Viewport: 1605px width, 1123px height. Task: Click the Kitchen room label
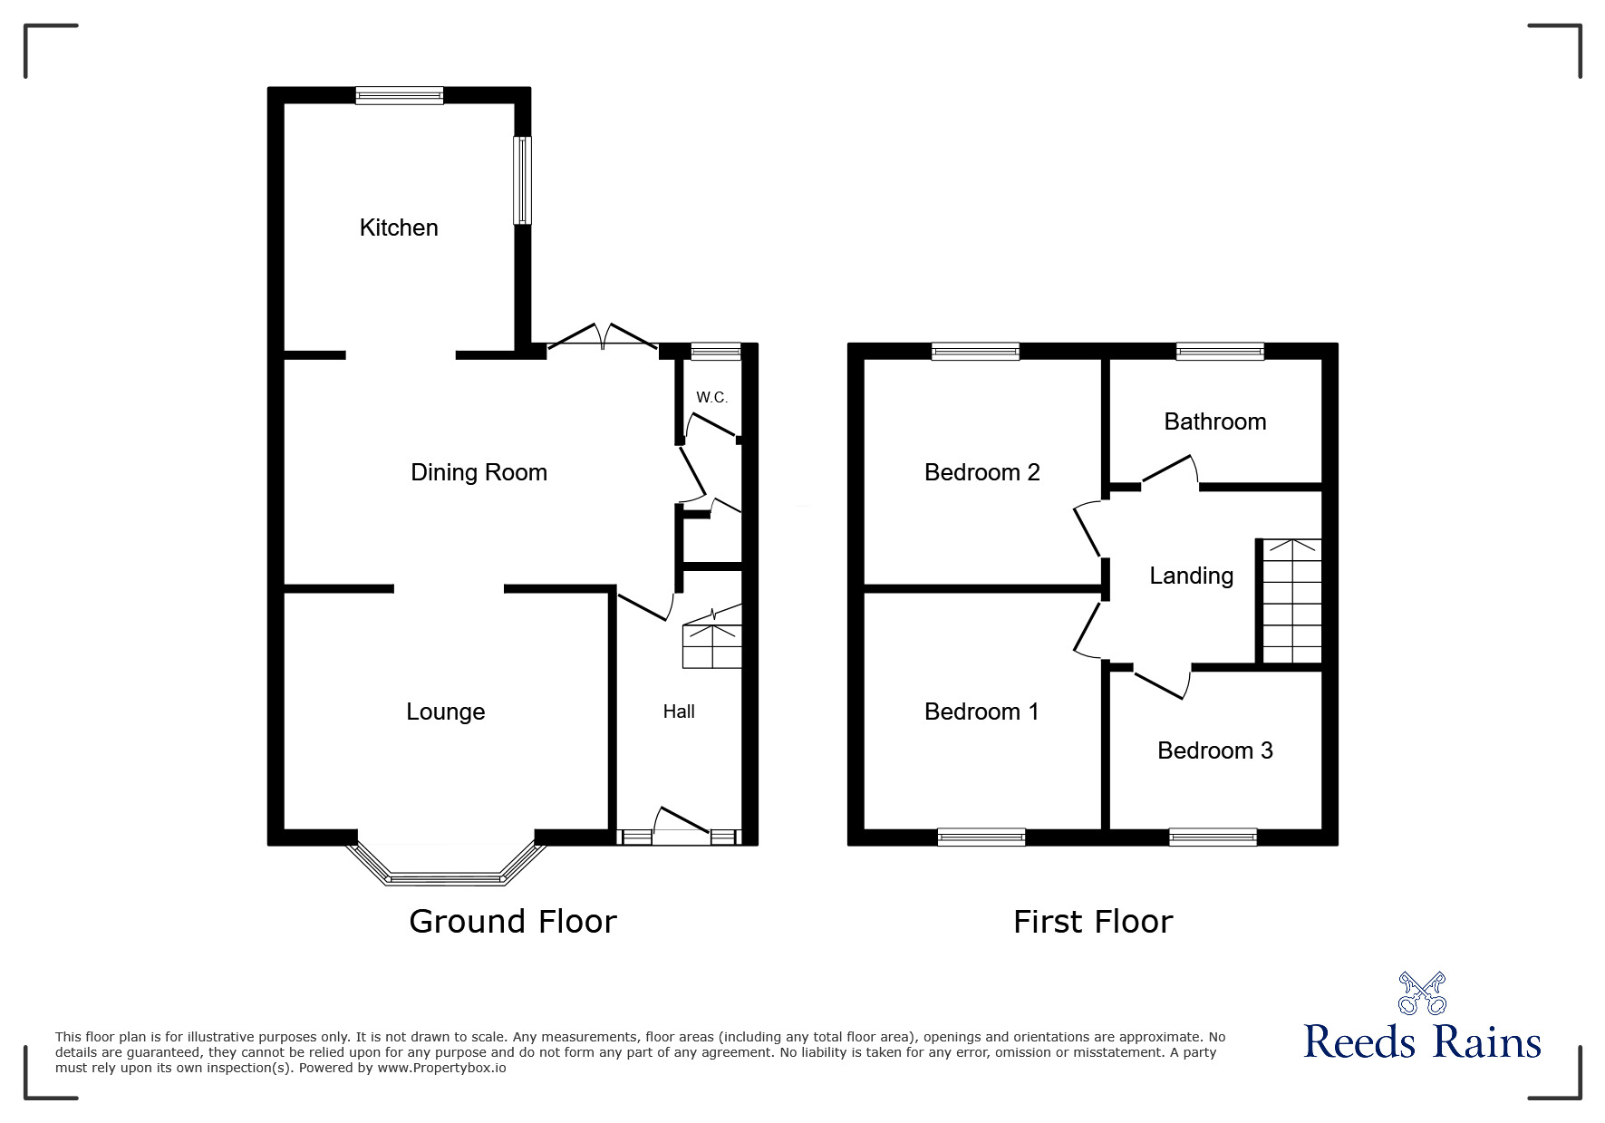(399, 228)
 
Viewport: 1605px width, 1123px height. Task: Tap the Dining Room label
(479, 472)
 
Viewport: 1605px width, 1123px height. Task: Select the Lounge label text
(445, 712)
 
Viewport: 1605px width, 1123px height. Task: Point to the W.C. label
(711, 397)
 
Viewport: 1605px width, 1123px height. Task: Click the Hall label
(679, 712)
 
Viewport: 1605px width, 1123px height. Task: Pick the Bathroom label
(1214, 421)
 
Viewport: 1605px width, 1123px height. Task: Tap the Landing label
(1191, 576)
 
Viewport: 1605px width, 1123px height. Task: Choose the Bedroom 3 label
(1214, 750)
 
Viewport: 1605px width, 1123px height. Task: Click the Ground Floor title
(512, 922)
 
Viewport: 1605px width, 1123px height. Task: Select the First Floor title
(1093, 922)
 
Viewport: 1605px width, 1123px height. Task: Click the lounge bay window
(445, 876)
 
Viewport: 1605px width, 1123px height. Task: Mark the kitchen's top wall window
(400, 95)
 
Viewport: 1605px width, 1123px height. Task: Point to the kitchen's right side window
(522, 179)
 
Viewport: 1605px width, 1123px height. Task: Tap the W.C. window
(716, 351)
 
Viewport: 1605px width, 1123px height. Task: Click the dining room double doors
(603, 337)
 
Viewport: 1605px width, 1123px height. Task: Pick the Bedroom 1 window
(981, 837)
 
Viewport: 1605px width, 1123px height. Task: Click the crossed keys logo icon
(1422, 993)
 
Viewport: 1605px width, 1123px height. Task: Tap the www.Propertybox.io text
(441, 1068)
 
